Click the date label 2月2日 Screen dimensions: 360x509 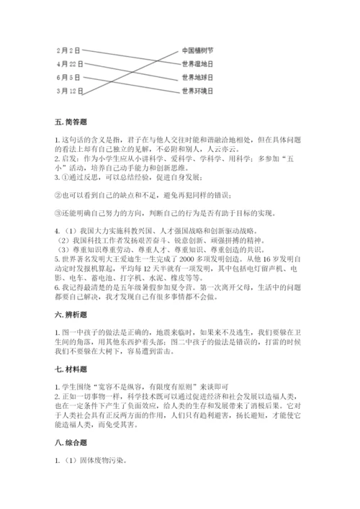coord(68,50)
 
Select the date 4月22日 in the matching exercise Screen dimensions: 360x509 coord(70,64)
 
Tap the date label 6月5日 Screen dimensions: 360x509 coord(68,77)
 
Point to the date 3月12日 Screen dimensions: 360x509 coord(70,91)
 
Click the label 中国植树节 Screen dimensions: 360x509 coord(198,50)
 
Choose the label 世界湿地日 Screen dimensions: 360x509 coord(198,64)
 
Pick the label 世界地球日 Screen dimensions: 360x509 coord(198,77)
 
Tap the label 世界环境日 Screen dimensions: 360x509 coord(198,91)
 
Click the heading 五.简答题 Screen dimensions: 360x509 coord(71,124)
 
